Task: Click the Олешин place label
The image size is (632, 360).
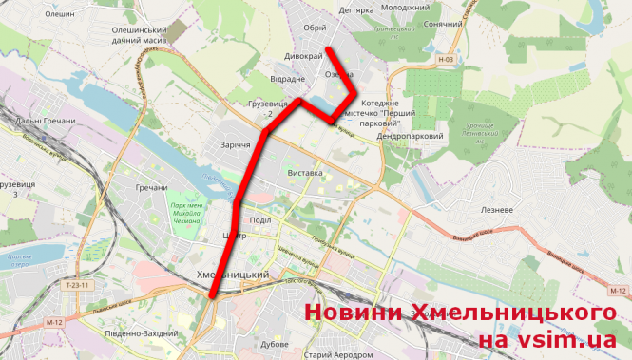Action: click(x=59, y=14)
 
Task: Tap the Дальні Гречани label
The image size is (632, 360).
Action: click(x=44, y=121)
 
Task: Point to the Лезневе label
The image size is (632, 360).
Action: click(x=498, y=209)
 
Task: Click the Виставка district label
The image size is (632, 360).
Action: click(x=305, y=174)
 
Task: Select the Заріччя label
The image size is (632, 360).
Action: click(x=241, y=145)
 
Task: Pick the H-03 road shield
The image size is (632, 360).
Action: click(x=447, y=60)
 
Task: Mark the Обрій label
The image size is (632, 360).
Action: click(x=315, y=27)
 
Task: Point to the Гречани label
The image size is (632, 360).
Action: click(x=152, y=188)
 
